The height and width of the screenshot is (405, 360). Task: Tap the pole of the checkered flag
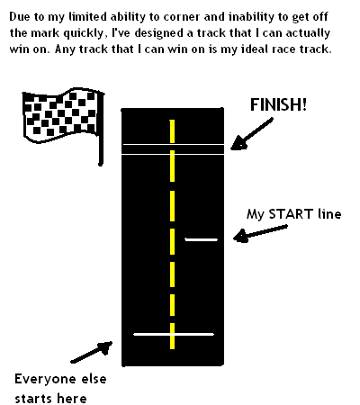(101, 129)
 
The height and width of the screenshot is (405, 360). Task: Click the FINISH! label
(278, 104)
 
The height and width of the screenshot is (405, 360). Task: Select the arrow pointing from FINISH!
(251, 134)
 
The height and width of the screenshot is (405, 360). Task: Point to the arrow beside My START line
(260, 234)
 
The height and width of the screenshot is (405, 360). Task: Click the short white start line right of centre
(202, 239)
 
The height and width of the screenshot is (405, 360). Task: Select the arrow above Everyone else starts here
(92, 352)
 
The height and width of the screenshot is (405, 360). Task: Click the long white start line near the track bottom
(174, 334)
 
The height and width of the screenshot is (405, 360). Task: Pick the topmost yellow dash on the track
(172, 131)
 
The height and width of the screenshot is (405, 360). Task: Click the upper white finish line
(173, 145)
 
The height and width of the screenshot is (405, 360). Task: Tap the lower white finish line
(173, 154)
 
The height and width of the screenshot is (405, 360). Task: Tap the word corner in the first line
(181, 17)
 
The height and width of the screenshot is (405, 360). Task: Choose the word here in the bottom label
(72, 399)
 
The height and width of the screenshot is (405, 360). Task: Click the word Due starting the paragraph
(19, 16)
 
